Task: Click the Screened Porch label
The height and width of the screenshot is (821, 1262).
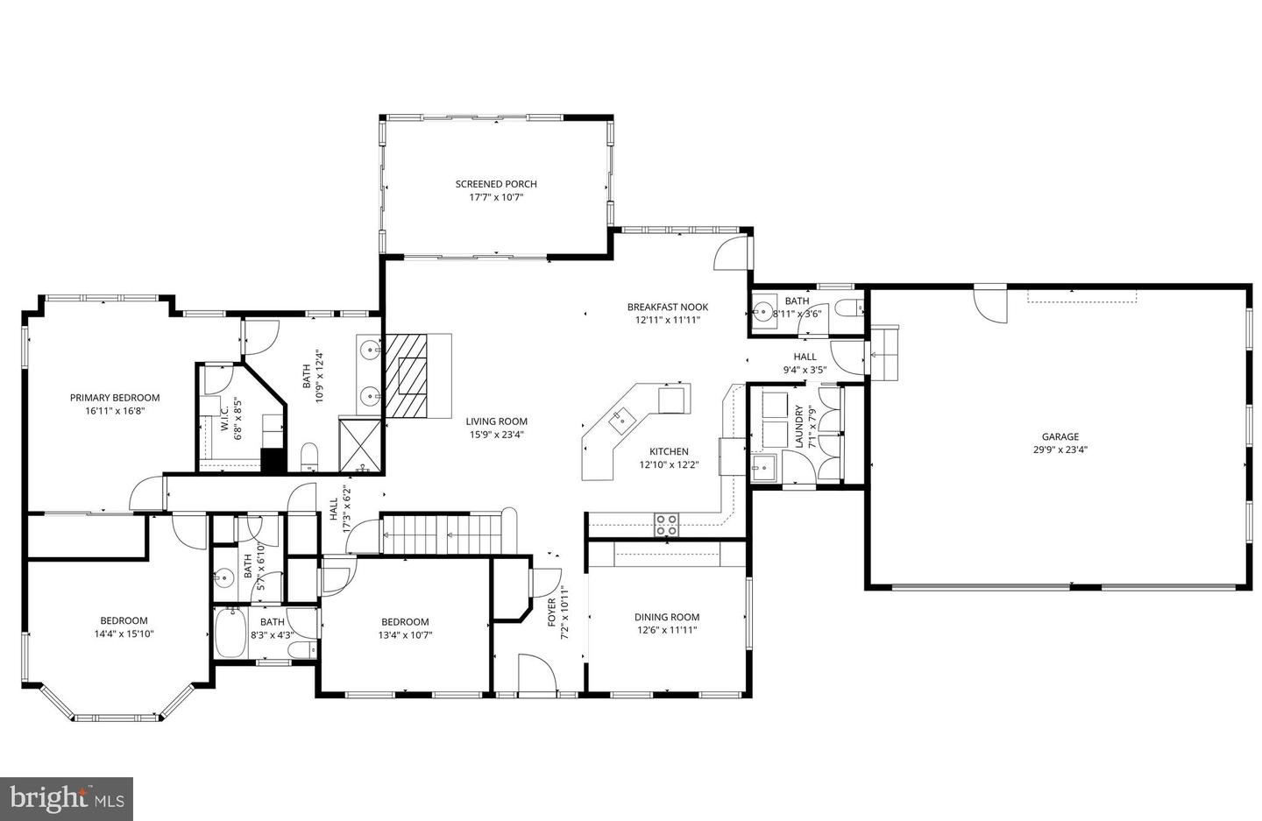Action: tap(495, 184)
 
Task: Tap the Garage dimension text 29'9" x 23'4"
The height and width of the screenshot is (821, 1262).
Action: tap(1060, 449)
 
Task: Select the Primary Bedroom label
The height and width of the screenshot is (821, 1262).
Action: tap(115, 398)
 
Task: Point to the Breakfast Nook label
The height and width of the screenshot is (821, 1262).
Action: tap(667, 307)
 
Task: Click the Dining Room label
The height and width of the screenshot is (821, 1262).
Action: tap(667, 617)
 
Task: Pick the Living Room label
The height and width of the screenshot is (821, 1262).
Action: tap(496, 421)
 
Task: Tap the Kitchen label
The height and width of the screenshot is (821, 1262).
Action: tap(669, 451)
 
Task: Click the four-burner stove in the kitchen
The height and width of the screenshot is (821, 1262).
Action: tap(666, 524)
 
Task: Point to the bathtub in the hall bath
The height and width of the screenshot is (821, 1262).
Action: tap(230, 633)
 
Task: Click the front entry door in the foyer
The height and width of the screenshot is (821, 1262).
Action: tap(535, 674)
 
